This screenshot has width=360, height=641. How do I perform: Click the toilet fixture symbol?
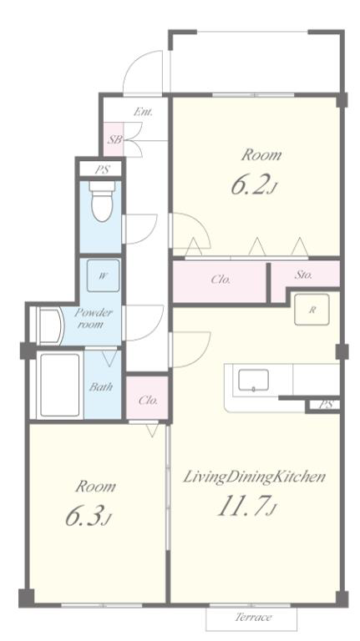point(102,201)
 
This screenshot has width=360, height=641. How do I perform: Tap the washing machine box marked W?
point(103,275)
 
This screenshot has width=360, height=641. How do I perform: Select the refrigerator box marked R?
point(312,310)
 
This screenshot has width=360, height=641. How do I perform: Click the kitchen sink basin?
point(254,381)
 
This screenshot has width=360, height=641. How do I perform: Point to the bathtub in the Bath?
point(60,386)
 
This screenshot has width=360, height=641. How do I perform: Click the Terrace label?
point(253,617)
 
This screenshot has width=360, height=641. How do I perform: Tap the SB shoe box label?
point(114,139)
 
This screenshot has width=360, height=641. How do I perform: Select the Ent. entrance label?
point(143,112)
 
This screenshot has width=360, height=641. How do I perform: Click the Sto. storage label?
point(303,275)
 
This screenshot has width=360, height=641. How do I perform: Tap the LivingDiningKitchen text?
point(254,477)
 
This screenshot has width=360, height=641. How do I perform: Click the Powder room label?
point(93,319)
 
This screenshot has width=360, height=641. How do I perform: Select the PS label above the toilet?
point(102,169)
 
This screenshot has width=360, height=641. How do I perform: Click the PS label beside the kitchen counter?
point(327,405)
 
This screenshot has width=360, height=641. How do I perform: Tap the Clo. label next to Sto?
point(221,280)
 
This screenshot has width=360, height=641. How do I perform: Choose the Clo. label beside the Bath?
point(148,401)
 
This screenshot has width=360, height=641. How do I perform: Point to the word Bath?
point(100,386)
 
